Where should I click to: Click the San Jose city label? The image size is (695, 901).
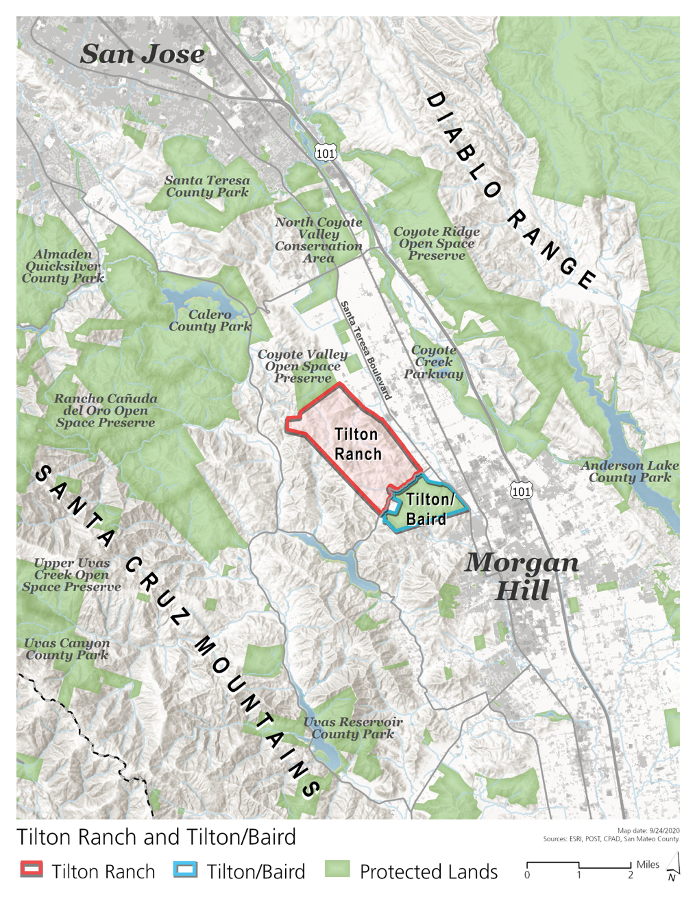142,54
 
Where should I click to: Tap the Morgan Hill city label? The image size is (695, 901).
522,576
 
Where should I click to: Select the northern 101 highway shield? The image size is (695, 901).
325,153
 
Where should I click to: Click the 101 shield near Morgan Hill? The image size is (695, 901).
521,491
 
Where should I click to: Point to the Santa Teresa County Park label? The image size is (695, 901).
207,187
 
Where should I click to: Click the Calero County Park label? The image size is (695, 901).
210,320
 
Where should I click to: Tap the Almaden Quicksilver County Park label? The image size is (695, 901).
62,266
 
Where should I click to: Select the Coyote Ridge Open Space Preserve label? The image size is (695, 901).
437,243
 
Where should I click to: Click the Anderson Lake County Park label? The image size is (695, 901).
630,471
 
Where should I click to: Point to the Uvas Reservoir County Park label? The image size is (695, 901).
353,728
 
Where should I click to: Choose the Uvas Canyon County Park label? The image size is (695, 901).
66,649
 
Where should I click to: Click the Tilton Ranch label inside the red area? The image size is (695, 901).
357,444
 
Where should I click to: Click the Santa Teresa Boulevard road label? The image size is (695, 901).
366,350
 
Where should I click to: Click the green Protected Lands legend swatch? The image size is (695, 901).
337,869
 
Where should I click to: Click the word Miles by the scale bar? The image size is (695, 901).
648,864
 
